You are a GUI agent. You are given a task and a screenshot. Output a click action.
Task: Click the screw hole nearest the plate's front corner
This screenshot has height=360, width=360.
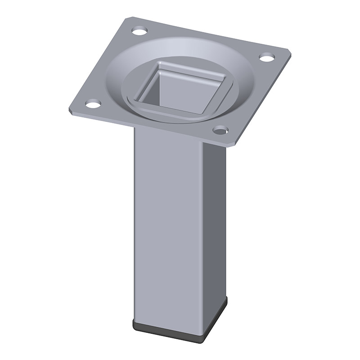point(220,130)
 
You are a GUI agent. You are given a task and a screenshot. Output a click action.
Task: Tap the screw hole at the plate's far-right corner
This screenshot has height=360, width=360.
point(267,58)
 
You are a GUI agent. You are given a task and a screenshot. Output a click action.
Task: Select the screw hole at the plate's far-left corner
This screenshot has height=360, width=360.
point(93,104)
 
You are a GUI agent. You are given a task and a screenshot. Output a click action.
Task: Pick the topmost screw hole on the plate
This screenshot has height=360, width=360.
point(139,31)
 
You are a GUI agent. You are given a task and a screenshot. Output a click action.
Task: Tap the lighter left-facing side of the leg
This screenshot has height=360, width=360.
point(169,225)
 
